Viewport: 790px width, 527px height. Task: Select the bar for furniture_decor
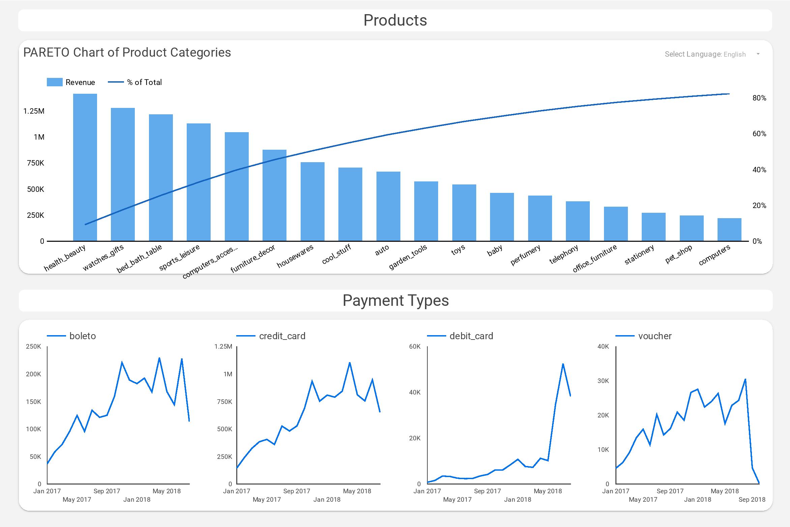click(274, 195)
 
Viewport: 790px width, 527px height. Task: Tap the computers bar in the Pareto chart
click(729, 230)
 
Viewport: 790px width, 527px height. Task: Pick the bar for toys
click(464, 213)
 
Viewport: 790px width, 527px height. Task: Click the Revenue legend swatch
click(55, 82)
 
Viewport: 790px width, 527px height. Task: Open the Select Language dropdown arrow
click(758, 54)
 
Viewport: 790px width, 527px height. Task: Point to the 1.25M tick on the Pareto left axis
click(34, 111)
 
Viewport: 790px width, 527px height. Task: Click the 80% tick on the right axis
click(759, 98)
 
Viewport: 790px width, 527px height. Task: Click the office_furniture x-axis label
click(595, 258)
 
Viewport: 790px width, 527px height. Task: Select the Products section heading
click(395, 20)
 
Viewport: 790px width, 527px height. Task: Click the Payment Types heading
click(395, 300)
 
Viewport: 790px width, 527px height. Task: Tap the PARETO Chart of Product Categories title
click(127, 53)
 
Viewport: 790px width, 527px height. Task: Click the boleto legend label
click(83, 336)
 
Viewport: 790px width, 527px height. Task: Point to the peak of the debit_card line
click(563, 364)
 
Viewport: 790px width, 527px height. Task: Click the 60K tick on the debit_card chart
click(415, 347)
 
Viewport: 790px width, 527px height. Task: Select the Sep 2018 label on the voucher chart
click(752, 500)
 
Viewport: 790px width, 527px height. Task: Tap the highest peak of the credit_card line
click(350, 363)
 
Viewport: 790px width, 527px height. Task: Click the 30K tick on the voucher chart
click(603, 381)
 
